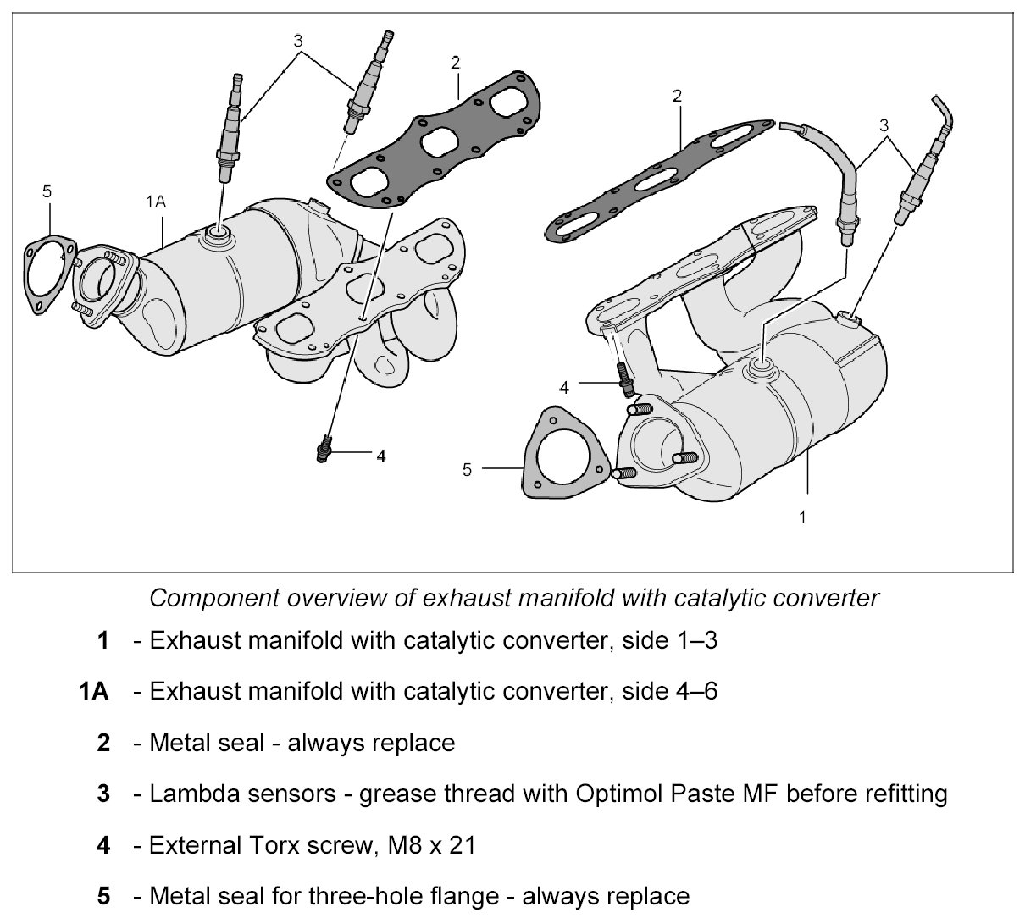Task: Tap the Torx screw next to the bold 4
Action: [x=322, y=451]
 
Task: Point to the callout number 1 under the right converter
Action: [x=803, y=516]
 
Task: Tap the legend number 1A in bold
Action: [x=93, y=692]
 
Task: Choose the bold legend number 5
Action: [x=103, y=895]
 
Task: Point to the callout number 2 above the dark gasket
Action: [x=456, y=62]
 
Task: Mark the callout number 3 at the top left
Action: [x=297, y=40]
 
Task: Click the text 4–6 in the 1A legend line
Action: [x=694, y=692]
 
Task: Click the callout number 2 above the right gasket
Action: [x=677, y=96]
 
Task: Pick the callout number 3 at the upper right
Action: [x=884, y=124]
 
